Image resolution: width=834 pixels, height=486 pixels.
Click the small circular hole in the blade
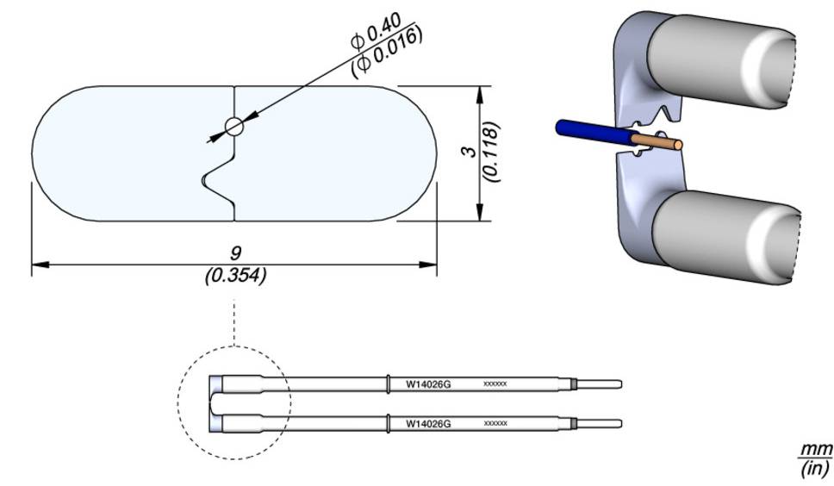[x=234, y=127]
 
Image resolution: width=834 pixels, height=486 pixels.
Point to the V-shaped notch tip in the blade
[x=205, y=179]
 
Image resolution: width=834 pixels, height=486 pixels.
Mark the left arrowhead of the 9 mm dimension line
[x=36, y=265]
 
